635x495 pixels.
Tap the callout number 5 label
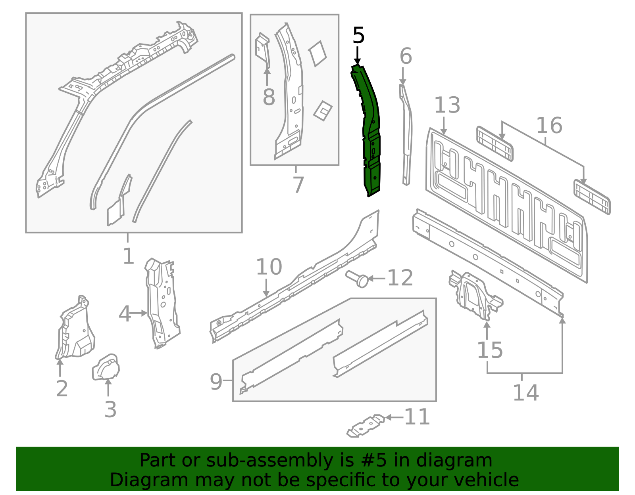(358, 36)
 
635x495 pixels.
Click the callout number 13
(447, 105)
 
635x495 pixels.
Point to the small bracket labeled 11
(366, 426)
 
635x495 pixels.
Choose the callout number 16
(549, 126)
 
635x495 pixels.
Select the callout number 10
(269, 267)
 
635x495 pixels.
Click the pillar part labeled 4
(162, 303)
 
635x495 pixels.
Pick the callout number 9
(216, 382)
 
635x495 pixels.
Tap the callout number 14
(525, 393)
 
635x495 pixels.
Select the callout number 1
(128, 256)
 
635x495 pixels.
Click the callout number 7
(298, 185)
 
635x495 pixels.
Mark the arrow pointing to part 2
(60, 367)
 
